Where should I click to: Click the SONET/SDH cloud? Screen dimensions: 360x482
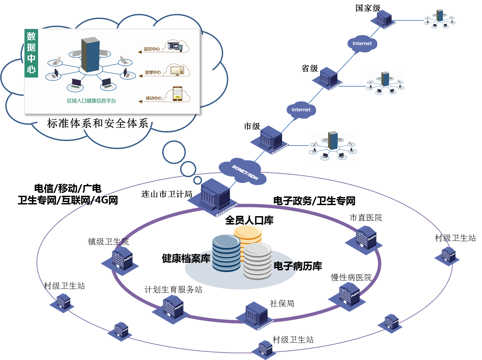pos(244,172)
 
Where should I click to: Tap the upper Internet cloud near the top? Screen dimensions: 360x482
pos(362,43)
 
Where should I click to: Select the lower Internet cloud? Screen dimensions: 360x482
pos(301,110)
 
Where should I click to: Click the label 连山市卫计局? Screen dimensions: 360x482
pos(167,194)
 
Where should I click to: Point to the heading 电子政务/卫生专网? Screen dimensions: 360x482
pos(314,201)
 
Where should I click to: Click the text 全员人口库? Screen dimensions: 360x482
pos(249,220)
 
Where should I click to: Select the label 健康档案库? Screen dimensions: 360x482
pos(186,258)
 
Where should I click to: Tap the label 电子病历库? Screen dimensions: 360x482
pos(298,266)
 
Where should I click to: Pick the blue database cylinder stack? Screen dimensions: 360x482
pos(226,253)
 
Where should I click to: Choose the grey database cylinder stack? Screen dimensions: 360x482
pos(257,262)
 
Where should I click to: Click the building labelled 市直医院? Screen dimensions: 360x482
pos(365,238)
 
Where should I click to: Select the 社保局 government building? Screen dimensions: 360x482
pos(256,315)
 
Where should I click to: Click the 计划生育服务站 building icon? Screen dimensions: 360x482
pos(172,309)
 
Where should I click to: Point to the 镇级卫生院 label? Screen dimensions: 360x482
pos(108,242)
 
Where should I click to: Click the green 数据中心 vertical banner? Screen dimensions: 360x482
pos(31,53)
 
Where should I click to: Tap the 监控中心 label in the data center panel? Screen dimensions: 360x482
pos(152,49)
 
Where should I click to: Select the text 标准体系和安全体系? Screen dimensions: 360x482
pos(98,123)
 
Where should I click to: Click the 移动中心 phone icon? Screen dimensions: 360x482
pos(177,94)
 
